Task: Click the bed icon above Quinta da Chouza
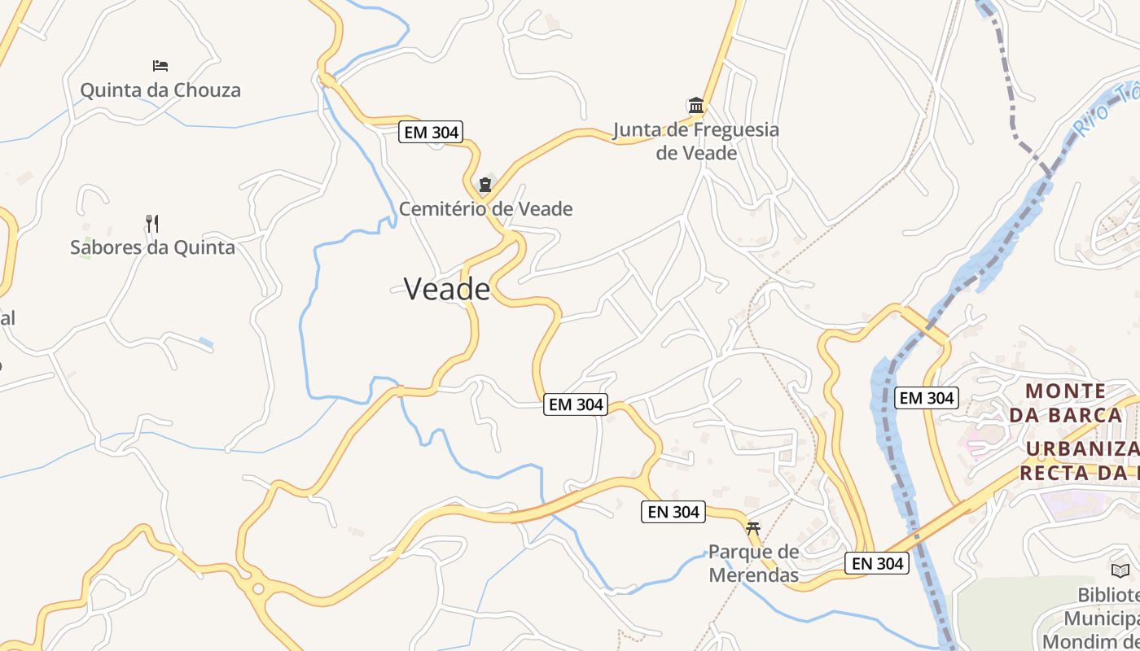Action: pos(160,65)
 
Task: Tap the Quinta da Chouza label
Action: pos(160,90)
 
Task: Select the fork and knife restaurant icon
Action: pos(152,223)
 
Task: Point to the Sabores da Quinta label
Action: pos(152,247)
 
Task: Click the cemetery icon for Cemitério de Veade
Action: pos(485,185)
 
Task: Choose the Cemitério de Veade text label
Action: pos(485,209)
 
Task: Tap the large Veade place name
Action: pos(447,289)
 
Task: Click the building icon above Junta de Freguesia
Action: pos(696,105)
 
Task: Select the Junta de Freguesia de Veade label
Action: pos(696,141)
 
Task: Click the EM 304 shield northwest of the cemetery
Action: pos(430,132)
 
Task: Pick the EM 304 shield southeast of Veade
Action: pos(576,404)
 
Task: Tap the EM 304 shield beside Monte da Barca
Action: pos(926,398)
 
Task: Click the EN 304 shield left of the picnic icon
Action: pos(673,512)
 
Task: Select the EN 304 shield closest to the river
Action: pos(876,562)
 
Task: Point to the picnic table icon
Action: pos(753,529)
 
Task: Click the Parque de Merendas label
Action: pos(753,563)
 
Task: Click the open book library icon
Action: pos(1120,570)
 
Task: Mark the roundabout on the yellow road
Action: pos(258,588)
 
